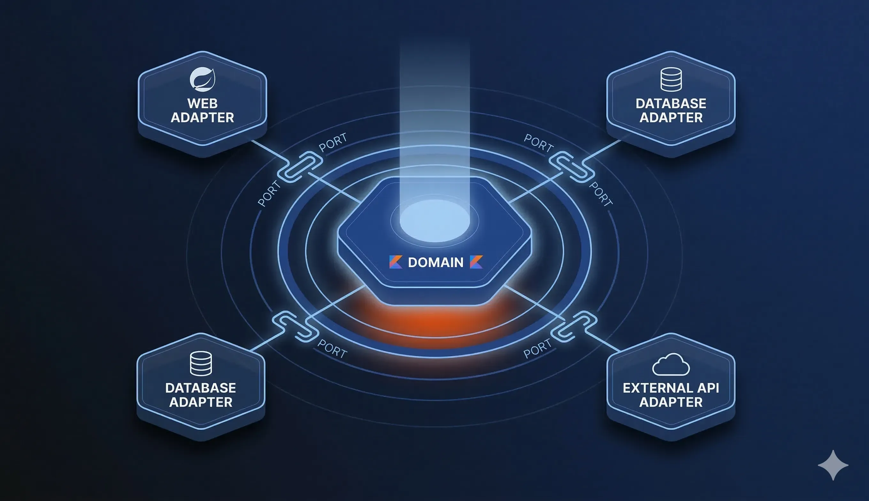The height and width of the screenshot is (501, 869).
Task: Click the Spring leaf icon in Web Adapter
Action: coord(203,79)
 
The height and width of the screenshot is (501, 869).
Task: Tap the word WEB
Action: coord(203,103)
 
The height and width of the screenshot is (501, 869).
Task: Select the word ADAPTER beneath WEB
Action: coord(203,118)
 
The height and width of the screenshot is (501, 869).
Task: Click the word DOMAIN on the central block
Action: coord(435,263)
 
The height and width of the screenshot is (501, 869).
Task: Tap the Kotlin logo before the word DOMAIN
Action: coord(396,262)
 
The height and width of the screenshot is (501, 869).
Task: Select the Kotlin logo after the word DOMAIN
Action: coord(476,262)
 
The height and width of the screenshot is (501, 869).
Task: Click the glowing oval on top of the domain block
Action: coord(434,220)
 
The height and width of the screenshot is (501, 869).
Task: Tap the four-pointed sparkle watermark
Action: coord(833,465)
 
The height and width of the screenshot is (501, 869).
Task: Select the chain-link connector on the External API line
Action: coord(574,326)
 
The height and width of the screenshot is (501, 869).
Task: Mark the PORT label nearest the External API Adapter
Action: coord(537,348)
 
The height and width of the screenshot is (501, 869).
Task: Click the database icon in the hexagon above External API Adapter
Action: coord(671,80)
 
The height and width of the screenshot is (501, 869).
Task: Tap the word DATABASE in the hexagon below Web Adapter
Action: coord(201,388)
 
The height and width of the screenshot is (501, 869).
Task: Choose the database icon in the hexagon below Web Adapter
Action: coord(201,363)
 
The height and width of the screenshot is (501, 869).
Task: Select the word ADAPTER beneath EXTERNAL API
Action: coord(671,402)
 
